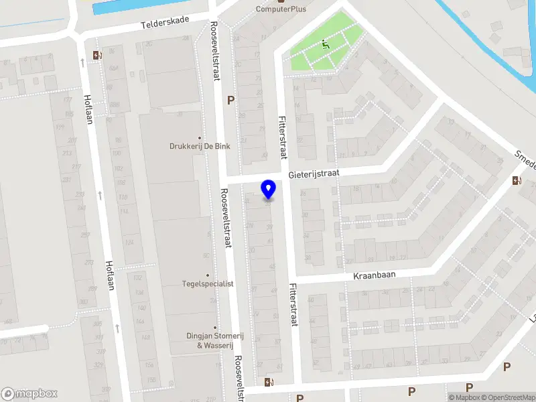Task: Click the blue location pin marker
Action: (269, 190)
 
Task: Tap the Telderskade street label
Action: (165, 23)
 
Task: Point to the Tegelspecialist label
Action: (208, 283)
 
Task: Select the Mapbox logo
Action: (29, 394)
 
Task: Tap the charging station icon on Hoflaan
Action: (98, 56)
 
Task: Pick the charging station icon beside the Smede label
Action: (517, 180)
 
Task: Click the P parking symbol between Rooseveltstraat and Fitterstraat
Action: (231, 100)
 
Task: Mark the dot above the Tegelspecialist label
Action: (208, 275)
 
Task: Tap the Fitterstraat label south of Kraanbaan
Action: (293, 303)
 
